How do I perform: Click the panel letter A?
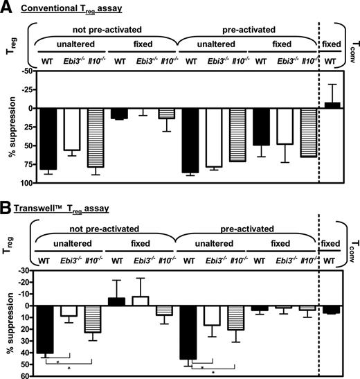click(x=6, y=7)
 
